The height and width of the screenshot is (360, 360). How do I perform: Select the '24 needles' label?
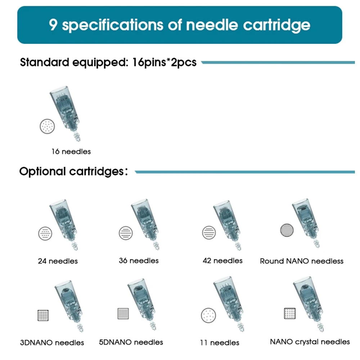(x=58, y=261)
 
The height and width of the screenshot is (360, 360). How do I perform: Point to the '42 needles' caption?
(x=222, y=260)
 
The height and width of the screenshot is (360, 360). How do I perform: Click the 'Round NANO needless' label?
(x=302, y=261)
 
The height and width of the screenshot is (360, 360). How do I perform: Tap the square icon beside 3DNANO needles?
(x=43, y=315)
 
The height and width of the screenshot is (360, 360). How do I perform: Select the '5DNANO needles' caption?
(x=131, y=342)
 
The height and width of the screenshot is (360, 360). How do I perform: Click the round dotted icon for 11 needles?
(x=208, y=315)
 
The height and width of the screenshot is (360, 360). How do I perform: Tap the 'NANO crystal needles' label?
(x=310, y=342)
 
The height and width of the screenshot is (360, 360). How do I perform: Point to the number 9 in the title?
(x=53, y=25)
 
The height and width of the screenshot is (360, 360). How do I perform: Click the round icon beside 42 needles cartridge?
(x=209, y=233)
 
